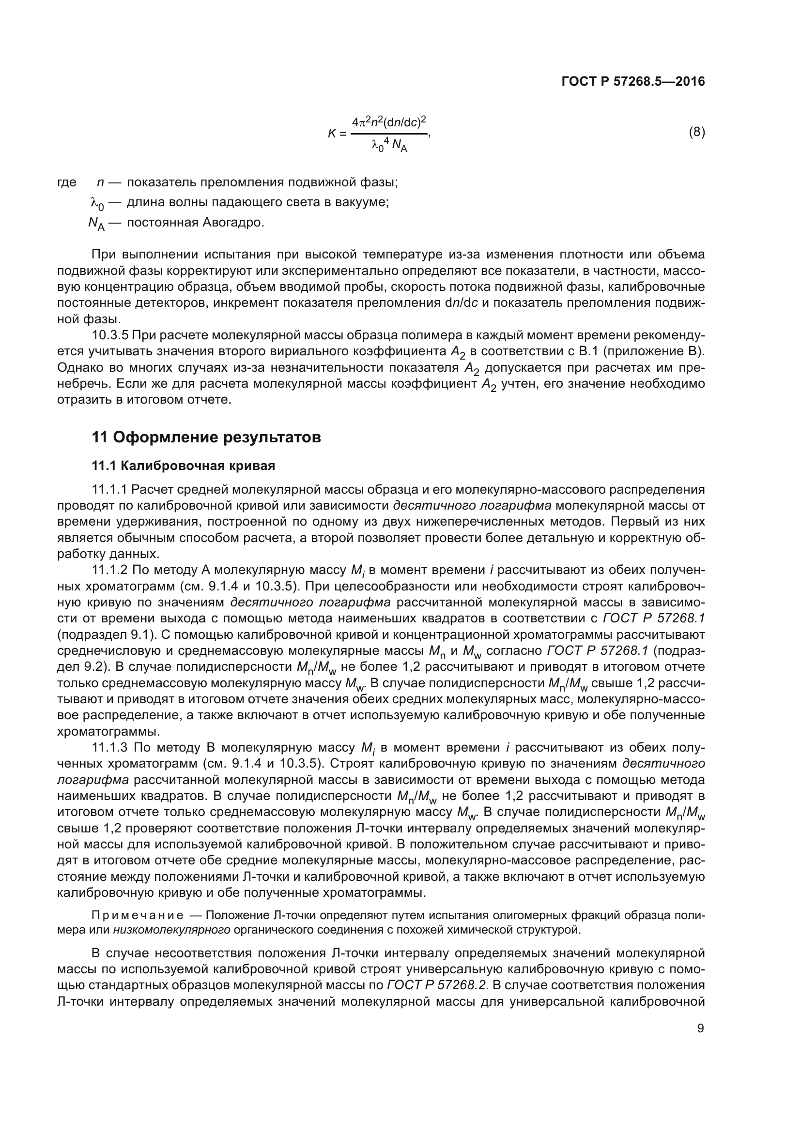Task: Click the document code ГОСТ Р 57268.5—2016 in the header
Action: (633, 81)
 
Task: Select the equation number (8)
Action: (696, 132)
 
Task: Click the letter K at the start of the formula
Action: (332, 133)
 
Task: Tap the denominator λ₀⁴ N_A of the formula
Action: (389, 146)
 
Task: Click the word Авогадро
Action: (233, 222)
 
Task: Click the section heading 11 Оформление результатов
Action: (206, 438)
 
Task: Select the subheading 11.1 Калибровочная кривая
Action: (184, 466)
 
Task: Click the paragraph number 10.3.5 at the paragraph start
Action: (110, 335)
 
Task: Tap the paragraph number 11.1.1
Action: (109, 490)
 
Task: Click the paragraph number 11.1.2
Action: (109, 570)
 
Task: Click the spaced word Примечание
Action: (138, 916)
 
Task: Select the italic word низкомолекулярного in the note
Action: (171, 930)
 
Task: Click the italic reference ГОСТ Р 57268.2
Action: (437, 985)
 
